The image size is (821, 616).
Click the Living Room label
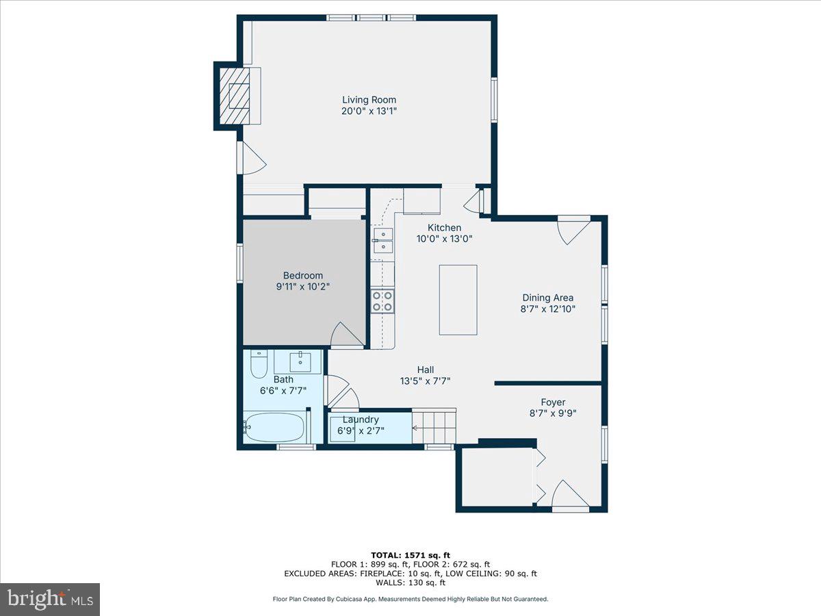[x=369, y=100]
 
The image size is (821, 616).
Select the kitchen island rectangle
[x=458, y=300]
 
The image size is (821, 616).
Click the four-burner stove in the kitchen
[x=382, y=300]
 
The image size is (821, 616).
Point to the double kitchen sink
[x=383, y=240]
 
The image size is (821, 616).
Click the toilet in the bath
[x=258, y=365]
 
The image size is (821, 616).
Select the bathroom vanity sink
[x=300, y=361]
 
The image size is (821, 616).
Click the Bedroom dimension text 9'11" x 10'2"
[x=304, y=287]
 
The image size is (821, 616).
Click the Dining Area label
[x=547, y=298]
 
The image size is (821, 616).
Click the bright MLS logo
[x=50, y=599]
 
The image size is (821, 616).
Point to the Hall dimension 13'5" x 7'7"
[x=425, y=381]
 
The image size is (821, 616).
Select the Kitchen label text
[x=444, y=228]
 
